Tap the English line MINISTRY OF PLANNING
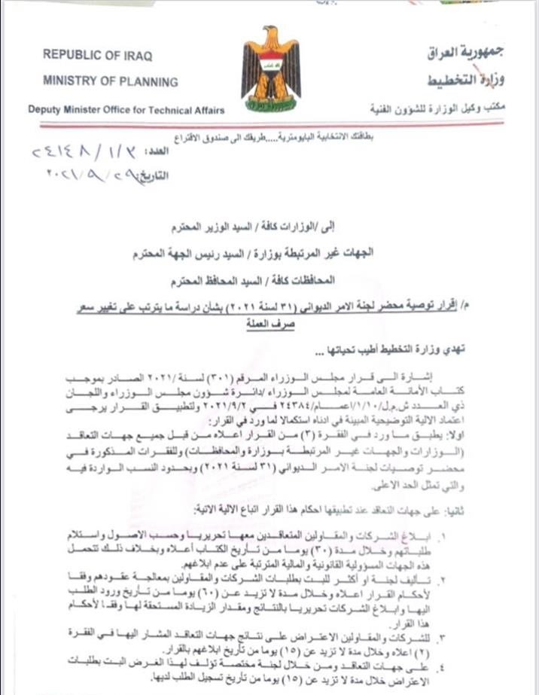pos(111,81)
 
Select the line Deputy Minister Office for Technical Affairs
pos(126,110)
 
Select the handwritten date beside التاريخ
pos(84,179)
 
